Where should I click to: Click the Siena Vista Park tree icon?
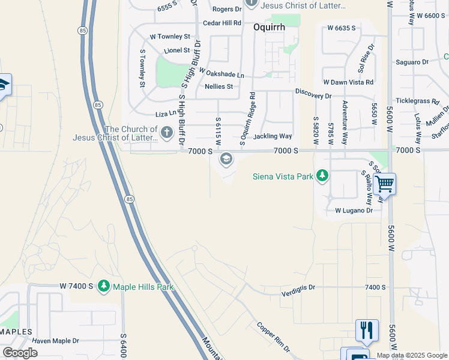pyautogui.click(x=323, y=176)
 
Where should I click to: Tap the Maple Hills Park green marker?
pyautogui.click(x=104, y=287)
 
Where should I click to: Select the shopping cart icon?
pyautogui.click(x=384, y=184)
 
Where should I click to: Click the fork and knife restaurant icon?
pyautogui.click(x=367, y=329)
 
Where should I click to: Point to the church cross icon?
pyautogui.click(x=166, y=131)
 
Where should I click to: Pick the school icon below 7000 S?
pyautogui.click(x=226, y=159)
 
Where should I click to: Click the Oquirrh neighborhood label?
pyautogui.click(x=268, y=27)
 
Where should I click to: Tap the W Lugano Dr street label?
pyautogui.click(x=354, y=211)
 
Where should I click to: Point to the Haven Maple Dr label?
pyautogui.click(x=56, y=341)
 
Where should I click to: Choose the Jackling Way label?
pyautogui.click(x=273, y=137)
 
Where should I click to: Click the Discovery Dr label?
pyautogui.click(x=313, y=95)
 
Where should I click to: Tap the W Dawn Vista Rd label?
pyautogui.click(x=348, y=82)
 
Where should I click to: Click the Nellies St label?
pyautogui.click(x=218, y=86)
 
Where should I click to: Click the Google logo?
pyautogui.click(x=20, y=353)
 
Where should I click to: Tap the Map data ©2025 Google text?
pyautogui.click(x=412, y=355)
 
